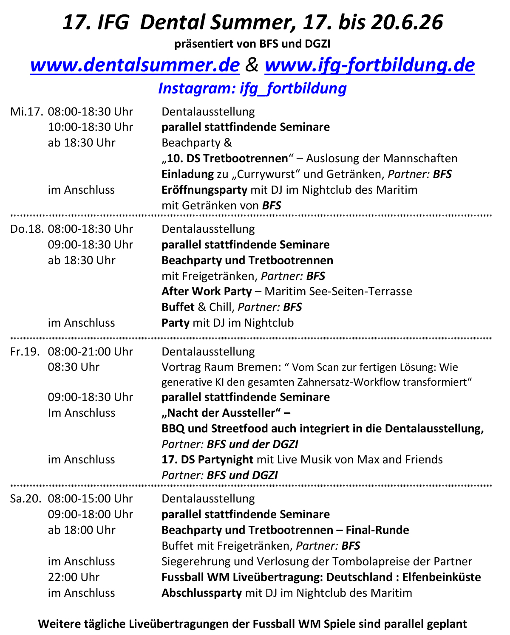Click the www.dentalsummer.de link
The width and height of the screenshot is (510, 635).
[135, 65]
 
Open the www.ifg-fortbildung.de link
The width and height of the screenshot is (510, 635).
[369, 65]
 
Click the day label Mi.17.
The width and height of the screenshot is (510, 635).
[27, 112]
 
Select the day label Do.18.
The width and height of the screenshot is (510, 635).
[27, 229]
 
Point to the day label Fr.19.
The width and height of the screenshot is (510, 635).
[25, 352]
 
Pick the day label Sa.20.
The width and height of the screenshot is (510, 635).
[26, 499]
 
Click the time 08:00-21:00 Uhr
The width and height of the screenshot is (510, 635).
[91, 352]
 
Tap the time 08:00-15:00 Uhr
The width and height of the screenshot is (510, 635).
[91, 499]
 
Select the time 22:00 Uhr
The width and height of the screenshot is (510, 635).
[74, 577]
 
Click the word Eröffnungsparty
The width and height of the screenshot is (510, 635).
[204, 190]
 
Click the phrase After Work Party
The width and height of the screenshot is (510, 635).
[207, 291]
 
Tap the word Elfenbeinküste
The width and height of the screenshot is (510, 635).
[442, 577]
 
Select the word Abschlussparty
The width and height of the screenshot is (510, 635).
[201, 593]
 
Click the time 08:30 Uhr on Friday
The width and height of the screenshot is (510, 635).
[74, 367]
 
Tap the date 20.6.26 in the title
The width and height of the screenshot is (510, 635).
[407, 22]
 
